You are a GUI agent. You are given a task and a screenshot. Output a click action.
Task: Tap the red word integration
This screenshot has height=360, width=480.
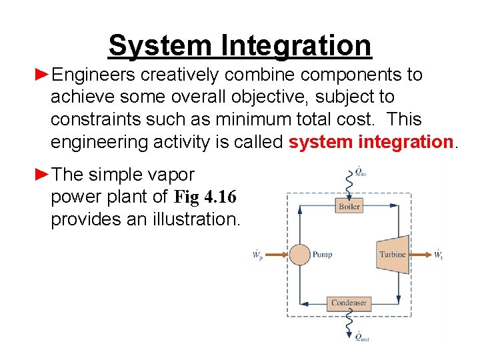406,142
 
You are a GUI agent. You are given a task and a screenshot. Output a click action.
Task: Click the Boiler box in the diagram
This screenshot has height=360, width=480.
349,207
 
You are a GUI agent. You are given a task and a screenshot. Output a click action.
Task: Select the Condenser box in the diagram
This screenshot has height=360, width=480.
349,303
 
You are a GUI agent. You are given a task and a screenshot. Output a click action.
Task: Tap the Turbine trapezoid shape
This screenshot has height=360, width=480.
393,254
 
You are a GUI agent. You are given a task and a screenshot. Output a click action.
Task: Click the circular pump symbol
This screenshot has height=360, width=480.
299,254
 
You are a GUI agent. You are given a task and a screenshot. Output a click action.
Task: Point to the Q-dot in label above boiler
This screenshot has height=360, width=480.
359,172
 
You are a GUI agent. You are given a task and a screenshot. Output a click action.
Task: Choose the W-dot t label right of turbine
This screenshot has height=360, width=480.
438,254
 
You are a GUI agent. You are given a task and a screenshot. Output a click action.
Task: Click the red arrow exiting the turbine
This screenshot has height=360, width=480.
419,254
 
